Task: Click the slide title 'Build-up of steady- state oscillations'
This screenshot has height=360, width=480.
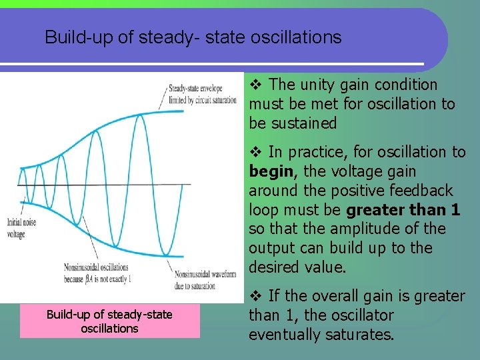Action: (193, 37)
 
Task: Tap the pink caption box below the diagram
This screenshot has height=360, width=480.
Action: (109, 321)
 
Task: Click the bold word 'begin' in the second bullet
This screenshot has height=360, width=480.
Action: (271, 171)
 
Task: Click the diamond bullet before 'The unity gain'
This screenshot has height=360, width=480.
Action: (256, 85)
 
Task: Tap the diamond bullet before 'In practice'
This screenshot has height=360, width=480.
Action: (256, 152)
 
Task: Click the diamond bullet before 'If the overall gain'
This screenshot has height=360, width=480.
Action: (256, 296)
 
